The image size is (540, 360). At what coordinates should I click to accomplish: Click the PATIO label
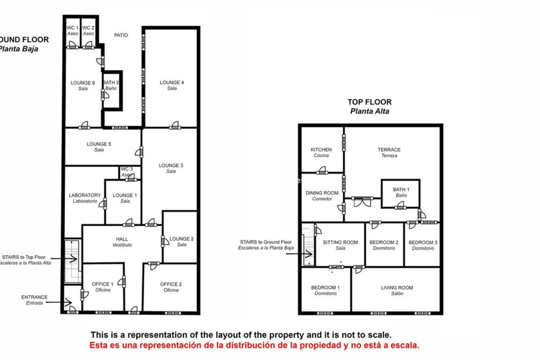(121, 35)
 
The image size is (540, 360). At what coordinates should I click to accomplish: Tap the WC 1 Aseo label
(73, 31)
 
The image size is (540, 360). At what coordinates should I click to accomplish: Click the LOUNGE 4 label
(172, 85)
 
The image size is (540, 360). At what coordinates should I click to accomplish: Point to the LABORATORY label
(85, 198)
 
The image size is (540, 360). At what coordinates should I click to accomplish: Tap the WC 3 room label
(127, 172)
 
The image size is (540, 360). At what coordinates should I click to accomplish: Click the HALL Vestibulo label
(122, 242)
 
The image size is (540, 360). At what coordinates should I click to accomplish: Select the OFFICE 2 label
(171, 287)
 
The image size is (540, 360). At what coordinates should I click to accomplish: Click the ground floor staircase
(73, 262)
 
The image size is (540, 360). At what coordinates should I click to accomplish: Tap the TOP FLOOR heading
(369, 102)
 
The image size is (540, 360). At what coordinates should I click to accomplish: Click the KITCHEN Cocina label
(321, 152)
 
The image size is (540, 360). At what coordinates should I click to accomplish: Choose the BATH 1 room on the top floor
(401, 193)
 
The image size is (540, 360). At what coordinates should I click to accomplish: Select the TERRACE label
(389, 152)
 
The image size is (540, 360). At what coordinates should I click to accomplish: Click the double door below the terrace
(362, 201)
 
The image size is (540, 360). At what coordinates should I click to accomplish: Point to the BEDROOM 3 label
(423, 245)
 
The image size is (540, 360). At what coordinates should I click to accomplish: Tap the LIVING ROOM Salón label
(397, 291)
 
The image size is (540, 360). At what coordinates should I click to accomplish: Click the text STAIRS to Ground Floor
(266, 242)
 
